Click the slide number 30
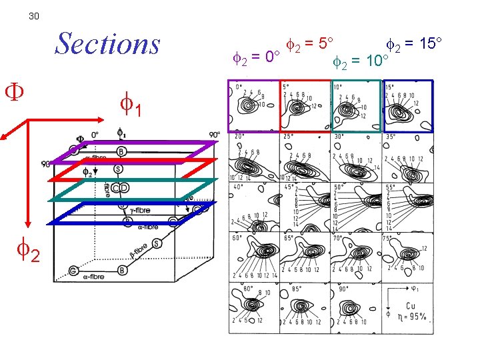click(34, 16)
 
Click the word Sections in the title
click(107, 44)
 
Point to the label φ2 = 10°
click(361, 62)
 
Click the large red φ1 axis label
click(131, 105)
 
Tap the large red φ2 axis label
click(29, 252)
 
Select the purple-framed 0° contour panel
click(253, 106)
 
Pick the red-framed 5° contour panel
click(305, 106)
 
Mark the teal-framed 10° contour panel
click(356, 106)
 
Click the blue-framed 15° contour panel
click(407, 106)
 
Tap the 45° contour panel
click(305, 207)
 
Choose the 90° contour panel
click(356, 308)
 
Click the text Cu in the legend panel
click(410, 306)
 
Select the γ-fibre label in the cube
click(140, 210)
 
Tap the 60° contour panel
click(253, 257)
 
